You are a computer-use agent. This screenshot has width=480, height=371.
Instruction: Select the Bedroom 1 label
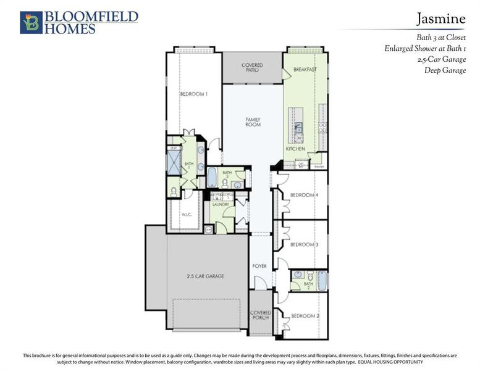193,94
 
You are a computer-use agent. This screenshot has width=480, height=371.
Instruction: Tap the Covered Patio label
252,67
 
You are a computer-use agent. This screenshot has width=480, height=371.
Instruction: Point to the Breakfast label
305,69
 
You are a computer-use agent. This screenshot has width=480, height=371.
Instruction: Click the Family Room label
253,122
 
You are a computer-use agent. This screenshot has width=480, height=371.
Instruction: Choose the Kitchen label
296,149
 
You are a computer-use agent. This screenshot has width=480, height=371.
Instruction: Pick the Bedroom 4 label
305,195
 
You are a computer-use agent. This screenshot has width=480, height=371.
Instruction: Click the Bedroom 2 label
305,316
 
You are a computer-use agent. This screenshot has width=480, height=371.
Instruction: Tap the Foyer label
259,266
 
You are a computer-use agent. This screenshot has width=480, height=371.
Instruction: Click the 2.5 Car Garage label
206,276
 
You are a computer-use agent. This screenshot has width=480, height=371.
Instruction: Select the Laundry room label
221,205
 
